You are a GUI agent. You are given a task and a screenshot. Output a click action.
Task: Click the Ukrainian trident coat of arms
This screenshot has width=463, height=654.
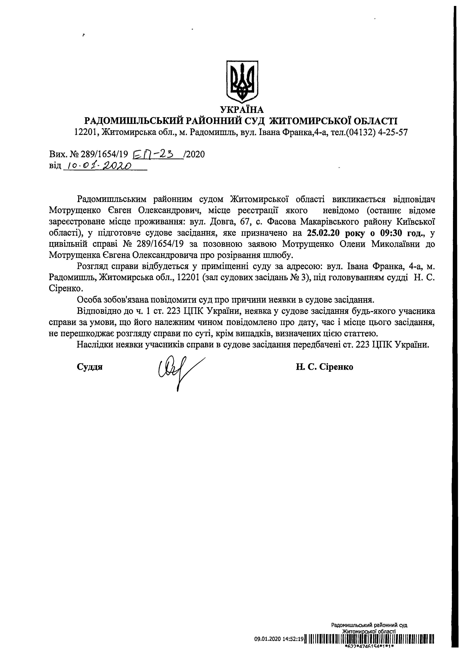point(242,82)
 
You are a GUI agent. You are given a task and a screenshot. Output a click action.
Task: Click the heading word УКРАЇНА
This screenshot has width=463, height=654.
point(242,110)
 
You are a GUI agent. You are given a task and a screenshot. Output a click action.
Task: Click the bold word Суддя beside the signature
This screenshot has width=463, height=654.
point(90,367)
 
